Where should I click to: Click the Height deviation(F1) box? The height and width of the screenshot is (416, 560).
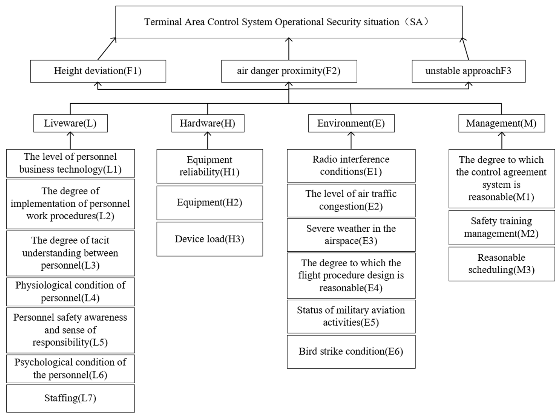(98, 71)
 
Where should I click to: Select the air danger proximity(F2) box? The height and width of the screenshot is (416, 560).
(289, 71)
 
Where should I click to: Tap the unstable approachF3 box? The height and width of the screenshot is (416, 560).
(468, 71)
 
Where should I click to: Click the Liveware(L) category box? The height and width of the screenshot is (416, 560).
(70, 123)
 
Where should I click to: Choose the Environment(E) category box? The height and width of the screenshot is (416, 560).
(351, 123)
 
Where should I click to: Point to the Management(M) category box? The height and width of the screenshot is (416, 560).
(501, 123)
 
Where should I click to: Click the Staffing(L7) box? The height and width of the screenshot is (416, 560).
(70, 398)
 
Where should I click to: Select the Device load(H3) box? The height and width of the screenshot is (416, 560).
(209, 239)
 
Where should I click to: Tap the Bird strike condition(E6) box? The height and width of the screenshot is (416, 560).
(351, 352)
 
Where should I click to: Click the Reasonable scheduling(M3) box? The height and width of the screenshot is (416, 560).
(501, 264)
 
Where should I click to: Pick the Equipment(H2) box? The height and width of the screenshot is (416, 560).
(209, 203)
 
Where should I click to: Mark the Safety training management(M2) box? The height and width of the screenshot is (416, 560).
(501, 227)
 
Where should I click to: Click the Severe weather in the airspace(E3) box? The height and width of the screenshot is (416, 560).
(351, 235)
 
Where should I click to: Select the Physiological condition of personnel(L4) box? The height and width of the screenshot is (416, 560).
(70, 292)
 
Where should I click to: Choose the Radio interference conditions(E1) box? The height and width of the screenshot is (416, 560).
(351, 165)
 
